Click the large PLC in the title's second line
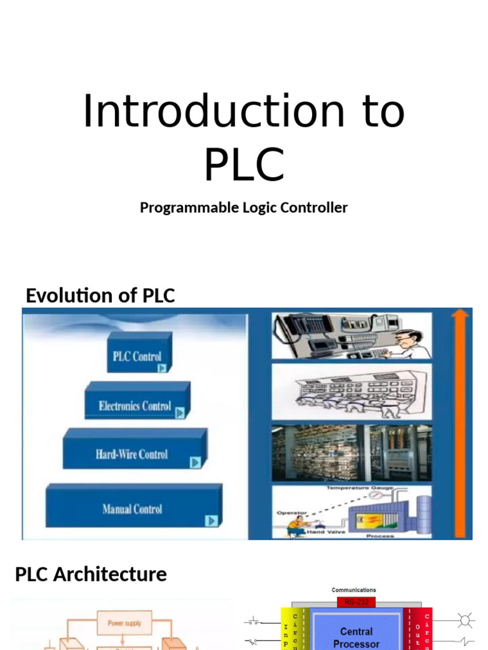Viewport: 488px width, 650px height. [244, 164]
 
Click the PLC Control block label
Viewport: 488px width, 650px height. [137, 356]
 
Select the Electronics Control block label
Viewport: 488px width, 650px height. [135, 406]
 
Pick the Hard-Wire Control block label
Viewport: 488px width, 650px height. [132, 454]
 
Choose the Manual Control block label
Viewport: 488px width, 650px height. [132, 509]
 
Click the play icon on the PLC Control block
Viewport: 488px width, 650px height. [163, 368]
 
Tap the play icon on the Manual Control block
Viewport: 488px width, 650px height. [211, 521]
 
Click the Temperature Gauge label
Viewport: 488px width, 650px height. [360, 487]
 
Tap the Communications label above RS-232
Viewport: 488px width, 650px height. [354, 590]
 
